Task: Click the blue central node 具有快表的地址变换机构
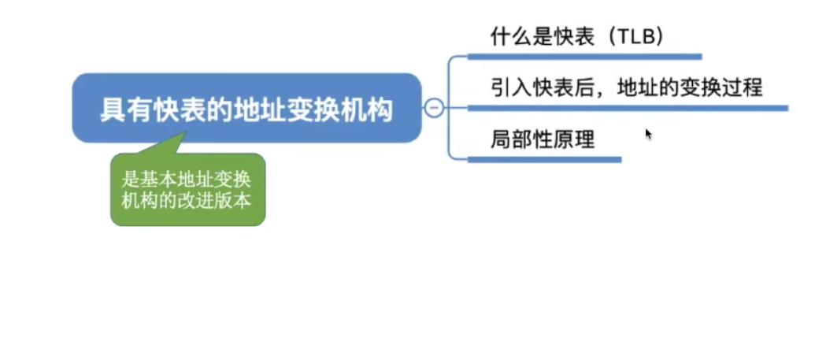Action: pos(246,108)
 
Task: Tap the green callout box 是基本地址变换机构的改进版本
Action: pos(187,190)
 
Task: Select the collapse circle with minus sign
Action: pos(433,108)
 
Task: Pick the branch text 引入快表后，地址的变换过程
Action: pos(626,87)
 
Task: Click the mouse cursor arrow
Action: pos(648,133)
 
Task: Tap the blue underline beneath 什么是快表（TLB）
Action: pos(583,57)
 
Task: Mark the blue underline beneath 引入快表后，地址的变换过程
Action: pos(627,108)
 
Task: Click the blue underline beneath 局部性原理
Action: pos(544,159)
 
